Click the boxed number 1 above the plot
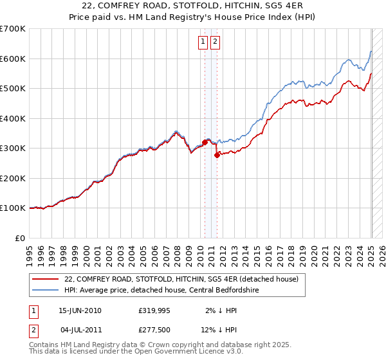[203, 42]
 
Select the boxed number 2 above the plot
[214, 42]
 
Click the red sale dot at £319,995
[205, 142]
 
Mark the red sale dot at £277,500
[217, 155]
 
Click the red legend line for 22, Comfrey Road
[46, 280]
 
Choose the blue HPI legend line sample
[46, 290]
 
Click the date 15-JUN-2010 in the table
[80, 310]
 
